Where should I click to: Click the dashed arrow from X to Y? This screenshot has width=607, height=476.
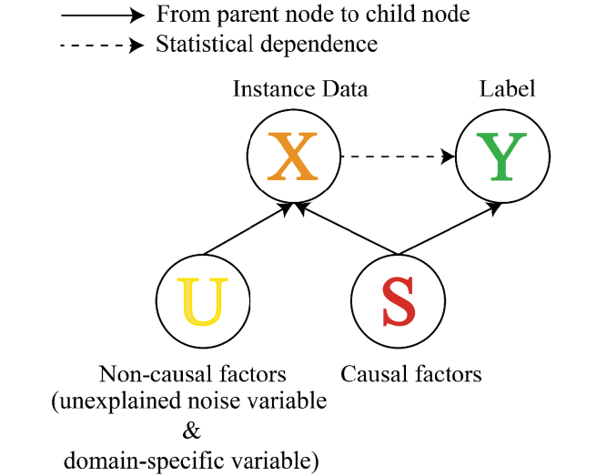397,157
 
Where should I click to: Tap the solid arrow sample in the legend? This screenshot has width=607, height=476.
100,15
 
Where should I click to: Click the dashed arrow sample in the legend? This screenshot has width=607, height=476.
100,45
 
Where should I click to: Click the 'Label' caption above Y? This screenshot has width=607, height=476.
507,89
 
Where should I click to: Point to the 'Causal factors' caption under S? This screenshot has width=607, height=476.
410,374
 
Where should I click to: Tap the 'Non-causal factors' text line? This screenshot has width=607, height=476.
192,374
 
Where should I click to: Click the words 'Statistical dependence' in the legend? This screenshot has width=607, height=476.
267,45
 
